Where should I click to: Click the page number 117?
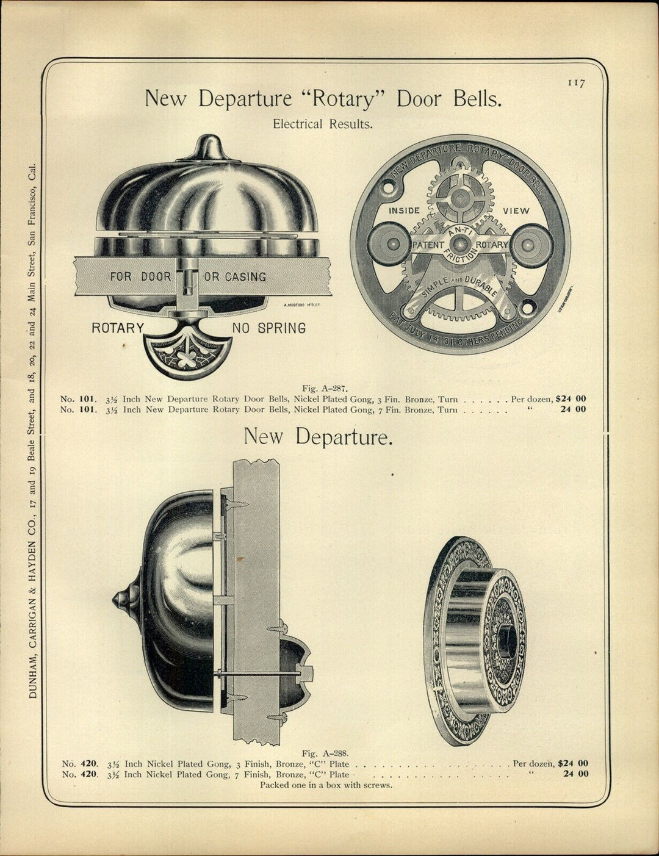coord(575,83)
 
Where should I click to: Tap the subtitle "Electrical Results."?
coord(322,124)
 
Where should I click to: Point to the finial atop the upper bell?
coord(208,148)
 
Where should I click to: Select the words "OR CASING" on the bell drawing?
coord(235,276)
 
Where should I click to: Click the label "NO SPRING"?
coord(268,328)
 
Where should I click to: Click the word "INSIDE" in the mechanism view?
coord(405,210)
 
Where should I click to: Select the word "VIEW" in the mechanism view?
coord(516,210)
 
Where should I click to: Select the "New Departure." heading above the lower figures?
coord(317,437)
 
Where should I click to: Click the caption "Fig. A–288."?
coord(325,753)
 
